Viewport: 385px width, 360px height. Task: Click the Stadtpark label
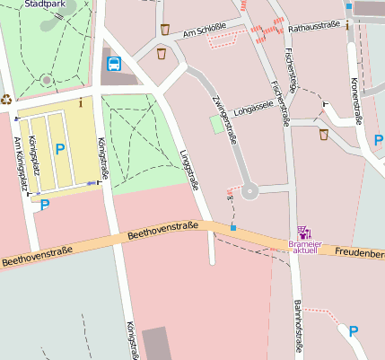(46, 4)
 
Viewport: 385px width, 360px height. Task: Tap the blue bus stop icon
(114, 63)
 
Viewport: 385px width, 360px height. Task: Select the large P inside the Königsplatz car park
(59, 149)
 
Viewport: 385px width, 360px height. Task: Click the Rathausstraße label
(314, 28)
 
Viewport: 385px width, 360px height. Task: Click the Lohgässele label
(251, 112)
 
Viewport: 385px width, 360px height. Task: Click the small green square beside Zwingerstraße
(217, 126)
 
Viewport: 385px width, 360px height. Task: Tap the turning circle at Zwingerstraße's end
(249, 189)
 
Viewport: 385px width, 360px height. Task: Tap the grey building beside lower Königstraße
(155, 343)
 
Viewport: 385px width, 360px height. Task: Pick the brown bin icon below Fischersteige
(323, 135)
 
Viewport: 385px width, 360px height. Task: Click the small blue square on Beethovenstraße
(232, 229)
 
